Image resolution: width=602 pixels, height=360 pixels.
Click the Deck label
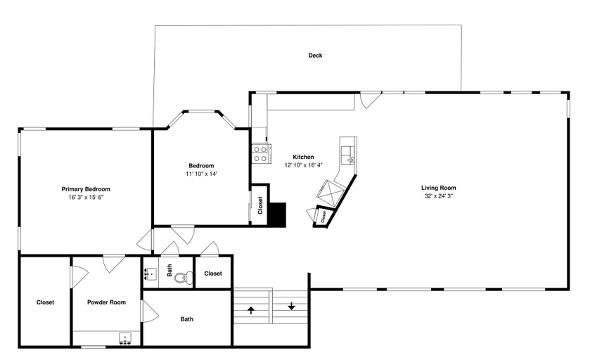(x=315, y=56)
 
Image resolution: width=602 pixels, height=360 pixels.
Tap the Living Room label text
(x=438, y=188)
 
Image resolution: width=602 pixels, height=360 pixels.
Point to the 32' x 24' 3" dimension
(x=438, y=195)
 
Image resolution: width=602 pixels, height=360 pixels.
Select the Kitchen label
(x=303, y=157)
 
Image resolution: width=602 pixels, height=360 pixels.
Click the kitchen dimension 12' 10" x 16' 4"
(x=303, y=165)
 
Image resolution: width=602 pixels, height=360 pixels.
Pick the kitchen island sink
(x=349, y=155)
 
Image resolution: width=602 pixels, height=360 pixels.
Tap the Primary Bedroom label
(x=86, y=189)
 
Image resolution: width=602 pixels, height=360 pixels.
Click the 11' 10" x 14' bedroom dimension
(x=202, y=174)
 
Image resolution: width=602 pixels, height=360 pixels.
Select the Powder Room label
(x=106, y=302)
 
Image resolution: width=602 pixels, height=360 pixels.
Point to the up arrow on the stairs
(x=251, y=310)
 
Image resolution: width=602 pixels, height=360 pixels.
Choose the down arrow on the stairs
(x=291, y=307)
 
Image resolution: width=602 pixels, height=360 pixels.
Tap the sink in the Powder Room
(x=125, y=338)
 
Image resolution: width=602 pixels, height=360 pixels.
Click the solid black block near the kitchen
(x=277, y=214)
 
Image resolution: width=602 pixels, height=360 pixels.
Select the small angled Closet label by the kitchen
(x=324, y=217)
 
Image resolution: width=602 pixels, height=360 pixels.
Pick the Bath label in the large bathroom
(x=187, y=319)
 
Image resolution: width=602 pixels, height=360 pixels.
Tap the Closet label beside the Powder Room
(x=45, y=302)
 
